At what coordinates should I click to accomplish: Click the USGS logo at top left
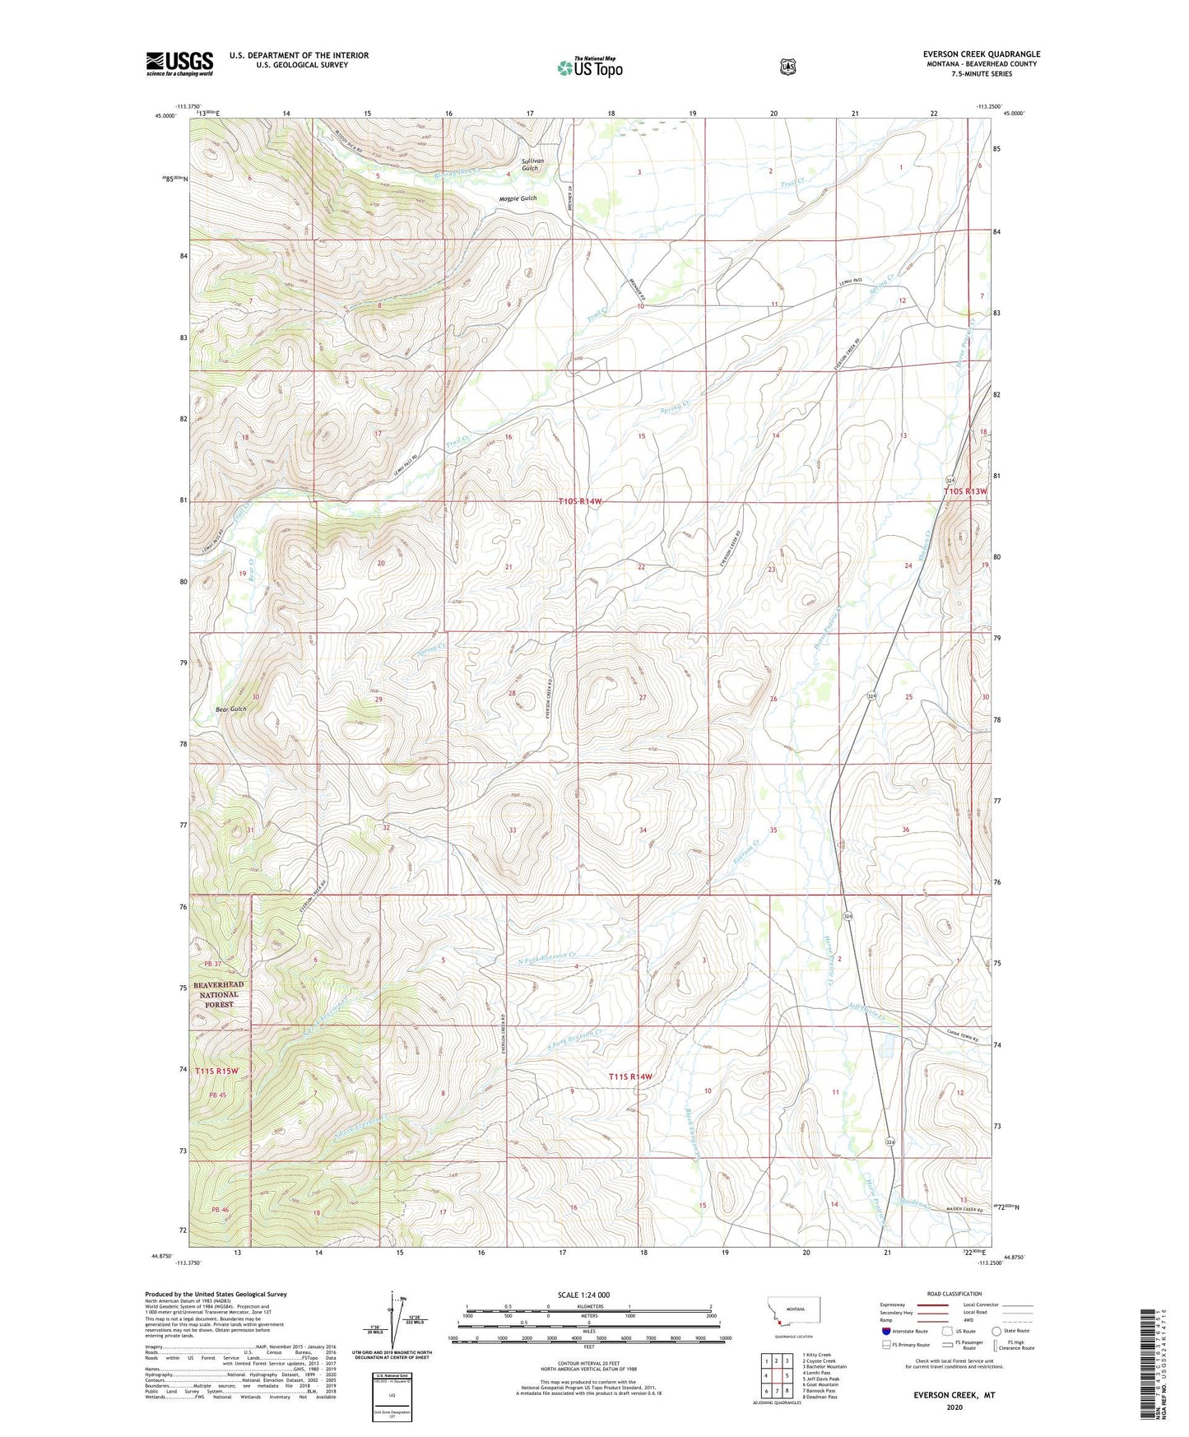[x=179, y=63]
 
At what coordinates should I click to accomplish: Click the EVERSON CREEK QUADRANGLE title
[x=981, y=54]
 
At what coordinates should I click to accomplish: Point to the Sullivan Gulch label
[x=529, y=164]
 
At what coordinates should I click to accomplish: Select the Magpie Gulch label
[x=517, y=198]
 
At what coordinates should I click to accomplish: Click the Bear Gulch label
[x=230, y=709]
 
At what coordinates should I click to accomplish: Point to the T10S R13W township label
[x=964, y=491]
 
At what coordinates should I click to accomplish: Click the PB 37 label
[x=215, y=965]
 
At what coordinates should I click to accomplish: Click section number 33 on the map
[x=513, y=830]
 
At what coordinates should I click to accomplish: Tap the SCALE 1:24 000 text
[x=583, y=1295]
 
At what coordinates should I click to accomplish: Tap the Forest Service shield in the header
[x=787, y=66]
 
